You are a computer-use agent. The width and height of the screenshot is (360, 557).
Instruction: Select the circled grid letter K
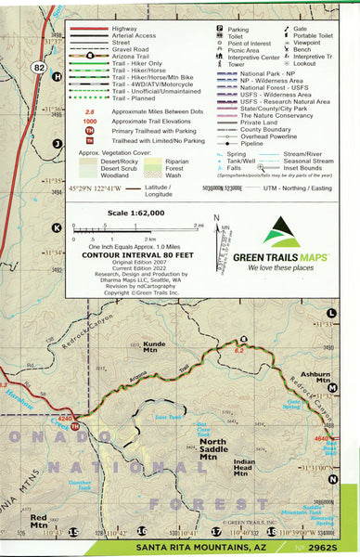57,227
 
